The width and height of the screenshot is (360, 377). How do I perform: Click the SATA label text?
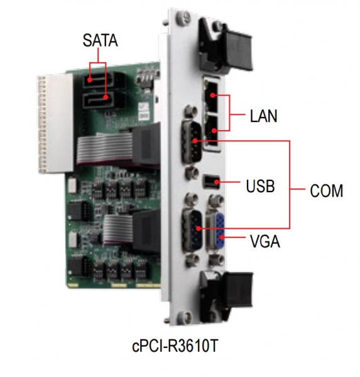click(x=100, y=40)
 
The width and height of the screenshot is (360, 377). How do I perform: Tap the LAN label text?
click(x=264, y=116)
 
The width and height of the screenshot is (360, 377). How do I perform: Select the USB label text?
click(x=260, y=186)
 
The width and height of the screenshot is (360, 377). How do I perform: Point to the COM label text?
click(x=326, y=191)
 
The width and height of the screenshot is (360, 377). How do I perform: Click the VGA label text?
click(x=265, y=241)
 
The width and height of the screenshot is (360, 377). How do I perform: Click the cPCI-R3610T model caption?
click(x=175, y=346)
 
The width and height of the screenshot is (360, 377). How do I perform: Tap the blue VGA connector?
click(x=220, y=231)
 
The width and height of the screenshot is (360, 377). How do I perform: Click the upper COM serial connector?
click(x=192, y=143)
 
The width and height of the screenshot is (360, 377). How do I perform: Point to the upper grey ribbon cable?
click(x=105, y=148)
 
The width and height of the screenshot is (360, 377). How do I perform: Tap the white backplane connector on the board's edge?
click(x=55, y=123)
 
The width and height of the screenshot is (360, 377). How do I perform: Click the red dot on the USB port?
click(x=217, y=182)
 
